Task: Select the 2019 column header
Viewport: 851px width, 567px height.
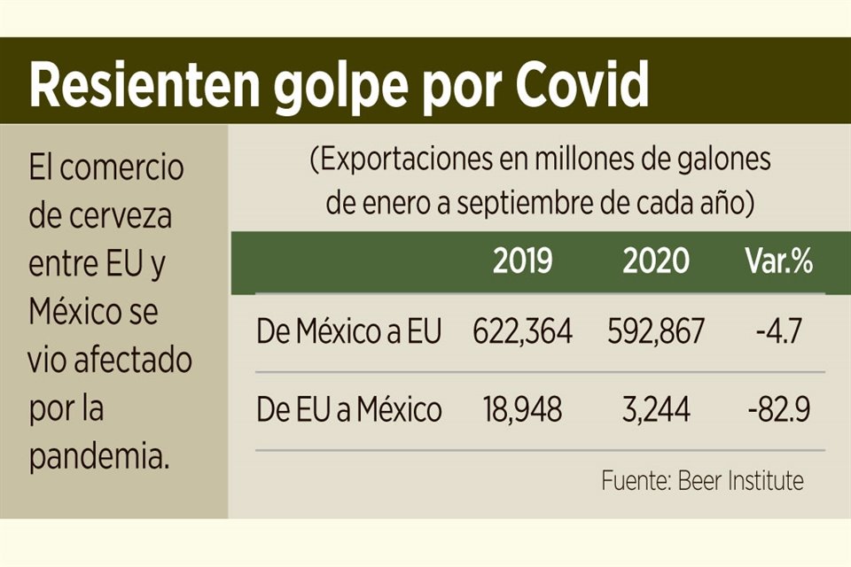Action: (522, 261)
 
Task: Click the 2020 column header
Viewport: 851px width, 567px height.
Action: (655, 261)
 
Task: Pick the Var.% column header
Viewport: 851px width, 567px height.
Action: (778, 261)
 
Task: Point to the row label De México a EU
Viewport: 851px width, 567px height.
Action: (349, 332)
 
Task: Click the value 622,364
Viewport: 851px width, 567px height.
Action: (522, 332)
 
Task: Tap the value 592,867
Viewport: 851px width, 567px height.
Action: (656, 332)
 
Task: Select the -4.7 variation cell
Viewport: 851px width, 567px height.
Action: (779, 332)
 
